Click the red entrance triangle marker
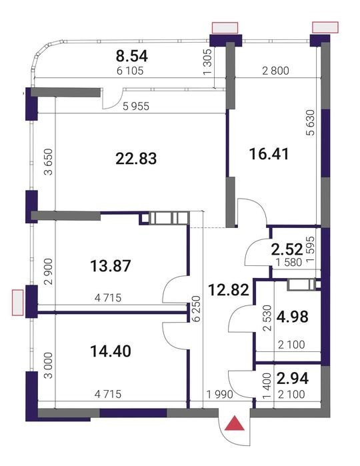click(234, 424)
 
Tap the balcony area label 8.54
click(132, 56)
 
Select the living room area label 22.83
click(136, 159)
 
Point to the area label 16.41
click(269, 154)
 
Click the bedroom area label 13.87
click(110, 266)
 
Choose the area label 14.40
click(110, 351)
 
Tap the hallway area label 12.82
click(228, 290)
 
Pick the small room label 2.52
click(287, 249)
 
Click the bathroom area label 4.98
click(292, 317)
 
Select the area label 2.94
click(293, 378)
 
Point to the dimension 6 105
click(130, 71)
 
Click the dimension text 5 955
click(136, 106)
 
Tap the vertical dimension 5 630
click(311, 123)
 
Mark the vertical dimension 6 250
click(197, 309)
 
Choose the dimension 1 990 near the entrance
click(220, 395)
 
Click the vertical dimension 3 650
click(48, 162)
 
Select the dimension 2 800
click(275, 71)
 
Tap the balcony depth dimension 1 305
click(208, 61)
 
